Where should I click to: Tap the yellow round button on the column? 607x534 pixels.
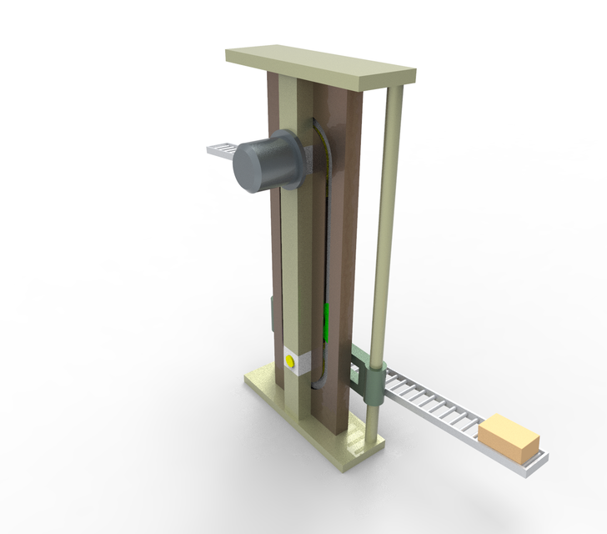click(290, 361)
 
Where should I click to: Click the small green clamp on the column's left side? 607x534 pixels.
click(273, 314)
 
